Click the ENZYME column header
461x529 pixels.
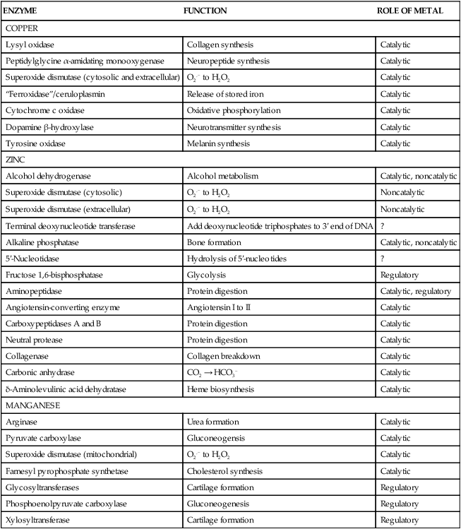(x=22, y=11)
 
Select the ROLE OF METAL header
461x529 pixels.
(x=411, y=11)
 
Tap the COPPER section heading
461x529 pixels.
(x=22, y=28)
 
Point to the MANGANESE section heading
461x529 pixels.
(x=30, y=407)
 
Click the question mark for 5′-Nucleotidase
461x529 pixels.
(x=382, y=258)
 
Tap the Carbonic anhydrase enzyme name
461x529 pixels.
(x=40, y=374)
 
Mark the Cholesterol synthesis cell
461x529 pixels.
(x=224, y=470)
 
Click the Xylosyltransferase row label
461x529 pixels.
(x=37, y=520)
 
